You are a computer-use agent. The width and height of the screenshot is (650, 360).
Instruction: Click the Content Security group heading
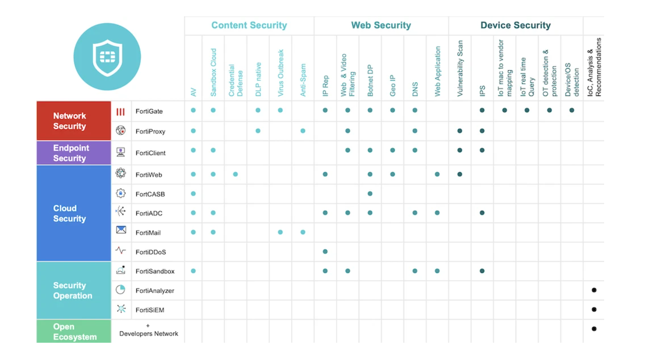[x=249, y=25]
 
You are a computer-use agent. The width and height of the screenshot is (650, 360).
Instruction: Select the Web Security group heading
[x=381, y=25]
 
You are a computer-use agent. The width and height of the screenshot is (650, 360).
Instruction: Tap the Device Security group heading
[x=516, y=25]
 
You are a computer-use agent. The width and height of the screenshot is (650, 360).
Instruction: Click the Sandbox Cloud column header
[x=213, y=72]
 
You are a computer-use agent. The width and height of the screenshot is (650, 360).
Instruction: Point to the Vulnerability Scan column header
[x=460, y=69]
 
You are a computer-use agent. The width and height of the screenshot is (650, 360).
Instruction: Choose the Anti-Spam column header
[x=303, y=80]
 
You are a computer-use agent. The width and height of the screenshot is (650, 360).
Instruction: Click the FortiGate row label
[x=149, y=111]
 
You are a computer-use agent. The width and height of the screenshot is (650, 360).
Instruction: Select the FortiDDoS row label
[x=151, y=252]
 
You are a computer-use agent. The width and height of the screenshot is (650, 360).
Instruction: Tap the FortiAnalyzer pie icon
[x=120, y=290]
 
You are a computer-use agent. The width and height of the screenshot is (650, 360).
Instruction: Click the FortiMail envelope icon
[x=121, y=230]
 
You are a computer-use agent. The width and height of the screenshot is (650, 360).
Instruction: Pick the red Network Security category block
[x=74, y=121]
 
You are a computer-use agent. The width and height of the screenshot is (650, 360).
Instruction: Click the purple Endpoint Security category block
[x=74, y=153]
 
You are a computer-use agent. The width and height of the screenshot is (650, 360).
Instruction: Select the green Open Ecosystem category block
[x=74, y=331]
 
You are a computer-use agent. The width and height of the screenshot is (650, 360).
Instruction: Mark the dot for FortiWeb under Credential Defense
[x=235, y=174]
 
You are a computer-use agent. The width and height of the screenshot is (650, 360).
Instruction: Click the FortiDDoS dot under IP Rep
[x=325, y=251]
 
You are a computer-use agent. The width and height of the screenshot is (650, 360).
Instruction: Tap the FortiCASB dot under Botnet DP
[x=370, y=194]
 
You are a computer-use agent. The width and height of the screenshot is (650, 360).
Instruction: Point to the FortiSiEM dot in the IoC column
[x=594, y=310]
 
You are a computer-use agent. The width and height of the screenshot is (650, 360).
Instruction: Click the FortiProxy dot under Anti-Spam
[x=303, y=131]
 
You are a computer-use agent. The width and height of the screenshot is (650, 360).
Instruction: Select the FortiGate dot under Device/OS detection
[x=572, y=110]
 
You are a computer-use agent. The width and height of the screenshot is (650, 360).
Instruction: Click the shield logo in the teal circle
[x=107, y=57]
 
